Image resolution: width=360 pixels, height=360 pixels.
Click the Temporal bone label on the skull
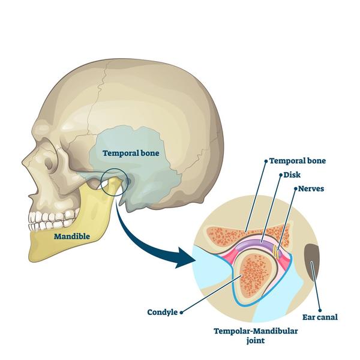(x=131, y=153)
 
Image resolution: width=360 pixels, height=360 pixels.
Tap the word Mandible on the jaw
(x=72, y=236)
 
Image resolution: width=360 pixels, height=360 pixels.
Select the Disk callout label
(x=292, y=175)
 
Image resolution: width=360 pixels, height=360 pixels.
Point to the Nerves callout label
(x=311, y=189)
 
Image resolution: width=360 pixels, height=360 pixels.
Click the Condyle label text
(x=163, y=312)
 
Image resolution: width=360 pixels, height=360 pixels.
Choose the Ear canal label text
(x=320, y=317)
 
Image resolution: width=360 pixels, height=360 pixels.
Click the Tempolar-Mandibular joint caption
(x=256, y=335)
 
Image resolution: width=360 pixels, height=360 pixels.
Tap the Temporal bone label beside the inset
(x=298, y=161)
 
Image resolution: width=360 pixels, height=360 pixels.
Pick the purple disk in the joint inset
(x=255, y=244)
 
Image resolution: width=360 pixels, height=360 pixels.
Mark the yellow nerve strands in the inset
(x=276, y=251)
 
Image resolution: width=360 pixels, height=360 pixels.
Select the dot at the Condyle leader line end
(x=181, y=313)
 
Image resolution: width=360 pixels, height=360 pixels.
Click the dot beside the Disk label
(x=281, y=175)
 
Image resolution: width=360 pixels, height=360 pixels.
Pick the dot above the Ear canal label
(x=320, y=310)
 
